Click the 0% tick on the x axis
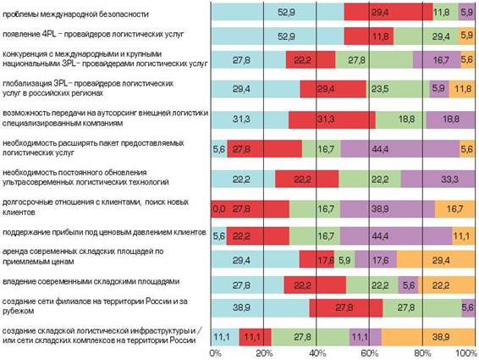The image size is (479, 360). [215, 353]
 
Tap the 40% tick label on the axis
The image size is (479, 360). [317, 353]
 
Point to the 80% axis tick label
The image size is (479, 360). [423, 353]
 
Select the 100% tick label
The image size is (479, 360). [465, 353]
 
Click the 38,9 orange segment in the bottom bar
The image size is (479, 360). [428, 337]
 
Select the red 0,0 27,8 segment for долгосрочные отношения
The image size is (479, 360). [251, 209]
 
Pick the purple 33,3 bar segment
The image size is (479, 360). [438, 179]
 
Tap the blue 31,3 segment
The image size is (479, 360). [250, 119]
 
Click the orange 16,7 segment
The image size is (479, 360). [455, 209]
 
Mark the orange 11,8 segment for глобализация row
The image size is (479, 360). [462, 89]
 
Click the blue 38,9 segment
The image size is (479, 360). [261, 307]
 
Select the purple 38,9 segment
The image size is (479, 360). [388, 209]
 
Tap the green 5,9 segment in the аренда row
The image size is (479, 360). [344, 259]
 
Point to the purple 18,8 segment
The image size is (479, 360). [451, 119]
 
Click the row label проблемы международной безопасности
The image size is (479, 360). [75, 14]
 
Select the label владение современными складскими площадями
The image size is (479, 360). [91, 281]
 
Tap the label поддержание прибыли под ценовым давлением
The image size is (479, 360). [104, 232]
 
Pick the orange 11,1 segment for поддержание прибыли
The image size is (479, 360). [464, 236]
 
